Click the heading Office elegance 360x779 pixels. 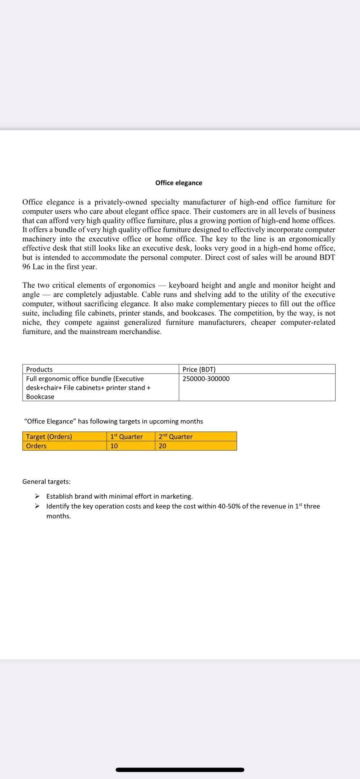click(178, 183)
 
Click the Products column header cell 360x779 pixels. click(39, 369)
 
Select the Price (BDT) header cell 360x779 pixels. click(199, 369)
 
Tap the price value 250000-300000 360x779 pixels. click(206, 379)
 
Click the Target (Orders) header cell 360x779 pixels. click(49, 437)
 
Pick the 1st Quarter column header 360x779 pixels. click(126, 437)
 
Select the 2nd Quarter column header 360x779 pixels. click(175, 437)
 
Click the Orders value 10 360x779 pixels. click(114, 446)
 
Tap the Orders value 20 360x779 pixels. click(162, 446)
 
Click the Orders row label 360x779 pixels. click(36, 446)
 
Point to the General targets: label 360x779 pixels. click(46, 482)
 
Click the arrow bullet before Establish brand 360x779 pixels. click(37, 496)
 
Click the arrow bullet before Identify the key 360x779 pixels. click(37, 506)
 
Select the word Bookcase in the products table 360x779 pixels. click(40, 397)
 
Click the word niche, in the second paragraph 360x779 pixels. click(32, 323)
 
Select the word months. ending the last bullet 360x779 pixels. click(59, 516)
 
